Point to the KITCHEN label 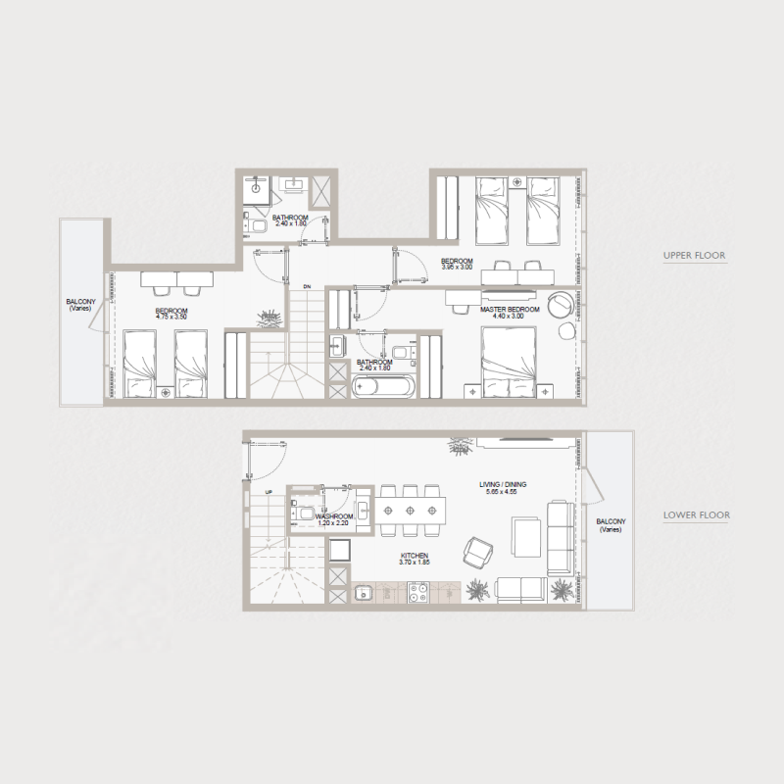click(416, 555)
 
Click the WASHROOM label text click(334, 515)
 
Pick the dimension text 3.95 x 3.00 click(458, 268)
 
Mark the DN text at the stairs click(307, 286)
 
